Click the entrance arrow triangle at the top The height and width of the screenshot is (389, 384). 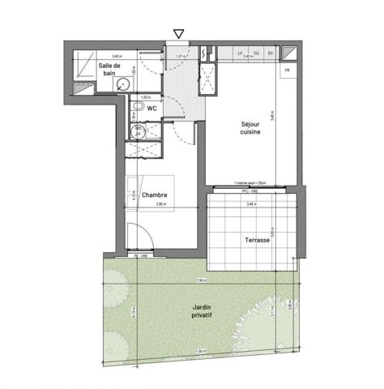[x=179, y=33]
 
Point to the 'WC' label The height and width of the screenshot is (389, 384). [x=151, y=108]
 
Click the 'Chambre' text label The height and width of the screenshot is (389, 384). [x=155, y=196]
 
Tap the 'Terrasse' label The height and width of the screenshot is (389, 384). [x=257, y=241]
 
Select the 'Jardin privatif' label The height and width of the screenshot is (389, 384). [x=203, y=312]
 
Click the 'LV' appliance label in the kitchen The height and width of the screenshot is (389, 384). [x=241, y=53]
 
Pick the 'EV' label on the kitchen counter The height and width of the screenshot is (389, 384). [x=270, y=53]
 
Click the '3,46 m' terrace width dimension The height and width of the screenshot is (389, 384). [x=250, y=204]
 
